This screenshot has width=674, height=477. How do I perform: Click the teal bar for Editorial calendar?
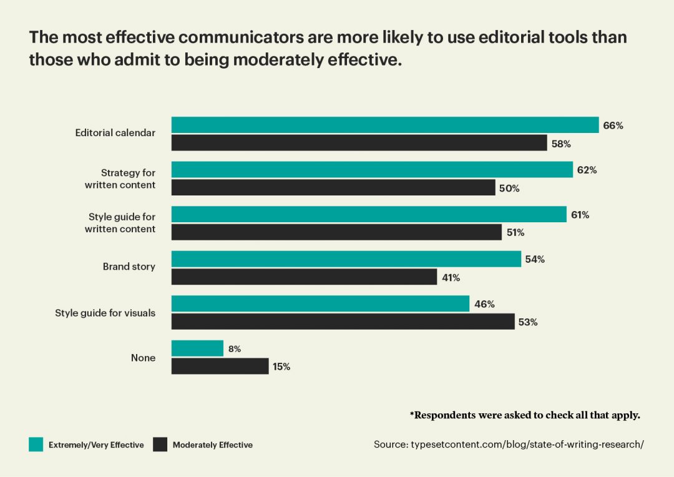coord(385,125)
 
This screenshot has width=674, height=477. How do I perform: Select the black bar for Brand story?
coord(305,277)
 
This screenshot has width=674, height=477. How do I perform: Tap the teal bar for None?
coord(197,348)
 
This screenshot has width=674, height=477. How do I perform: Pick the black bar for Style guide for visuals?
coord(343,322)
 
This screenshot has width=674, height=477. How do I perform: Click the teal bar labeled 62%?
coord(372,169)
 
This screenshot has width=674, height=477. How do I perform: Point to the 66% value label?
coord(613,125)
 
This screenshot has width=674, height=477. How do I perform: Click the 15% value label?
coord(281,366)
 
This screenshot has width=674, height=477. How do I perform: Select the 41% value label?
coord(451,278)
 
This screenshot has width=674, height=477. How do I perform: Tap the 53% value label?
coord(528,322)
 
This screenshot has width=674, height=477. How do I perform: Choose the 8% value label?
coord(234,349)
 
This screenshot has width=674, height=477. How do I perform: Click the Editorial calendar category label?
coord(115,132)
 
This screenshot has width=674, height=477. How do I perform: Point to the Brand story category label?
coord(129,267)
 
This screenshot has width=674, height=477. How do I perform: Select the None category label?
coord(143,358)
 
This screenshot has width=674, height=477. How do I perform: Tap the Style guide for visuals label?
coord(105,313)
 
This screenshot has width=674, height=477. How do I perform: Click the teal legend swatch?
coord(36,445)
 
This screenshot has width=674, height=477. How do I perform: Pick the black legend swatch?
coord(160,445)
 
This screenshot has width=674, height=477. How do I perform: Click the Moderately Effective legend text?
coord(213,445)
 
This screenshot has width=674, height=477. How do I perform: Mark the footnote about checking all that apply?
coord(525,415)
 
